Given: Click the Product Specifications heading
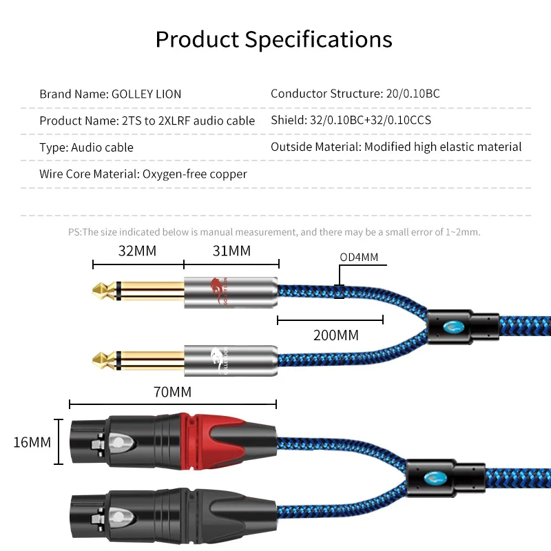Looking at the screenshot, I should click(x=273, y=39).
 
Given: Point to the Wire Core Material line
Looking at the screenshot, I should click(x=143, y=174).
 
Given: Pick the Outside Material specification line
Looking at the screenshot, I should click(x=396, y=147).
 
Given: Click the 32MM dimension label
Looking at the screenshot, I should click(x=137, y=251).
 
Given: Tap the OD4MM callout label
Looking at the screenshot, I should click(x=359, y=258).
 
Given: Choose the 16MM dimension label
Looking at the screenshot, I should click(x=32, y=442).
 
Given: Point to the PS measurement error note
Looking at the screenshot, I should click(x=274, y=232).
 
